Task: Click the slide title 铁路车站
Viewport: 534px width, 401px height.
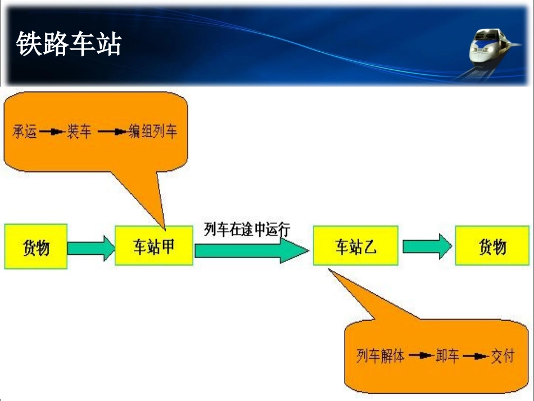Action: (68, 44)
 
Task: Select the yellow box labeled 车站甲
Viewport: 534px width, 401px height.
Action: (153, 245)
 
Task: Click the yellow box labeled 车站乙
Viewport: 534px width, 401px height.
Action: (356, 246)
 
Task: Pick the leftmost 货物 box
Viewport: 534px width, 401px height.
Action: (36, 246)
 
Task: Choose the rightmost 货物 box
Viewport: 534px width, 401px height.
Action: (492, 246)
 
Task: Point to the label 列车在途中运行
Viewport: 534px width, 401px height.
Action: (247, 229)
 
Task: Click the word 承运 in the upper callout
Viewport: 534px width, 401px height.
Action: (25, 132)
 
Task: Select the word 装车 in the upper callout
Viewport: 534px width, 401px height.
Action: (79, 132)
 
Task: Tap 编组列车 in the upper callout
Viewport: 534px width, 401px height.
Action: (152, 132)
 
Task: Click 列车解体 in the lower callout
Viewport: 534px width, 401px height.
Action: (381, 356)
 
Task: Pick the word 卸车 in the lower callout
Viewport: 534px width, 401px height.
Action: (447, 356)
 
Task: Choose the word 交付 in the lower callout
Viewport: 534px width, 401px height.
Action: (502, 356)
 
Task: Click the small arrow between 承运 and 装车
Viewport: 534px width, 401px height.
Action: (52, 133)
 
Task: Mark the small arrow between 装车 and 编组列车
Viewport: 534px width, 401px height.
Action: (112, 133)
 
